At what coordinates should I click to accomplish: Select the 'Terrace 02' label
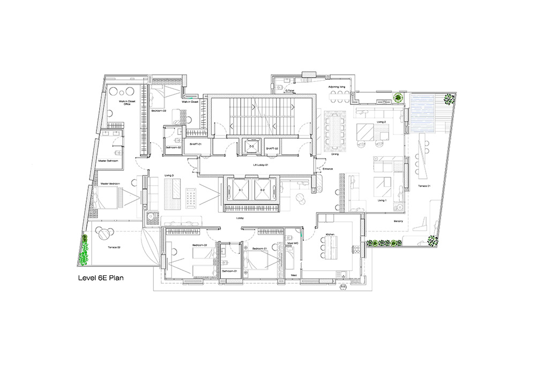(114, 248)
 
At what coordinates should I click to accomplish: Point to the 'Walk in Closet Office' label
(127, 102)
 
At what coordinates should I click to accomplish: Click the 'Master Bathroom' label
(108, 161)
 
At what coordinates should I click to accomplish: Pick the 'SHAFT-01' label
(195, 145)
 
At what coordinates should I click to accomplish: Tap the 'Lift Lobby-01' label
(260, 165)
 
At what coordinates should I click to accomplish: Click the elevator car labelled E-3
(250, 146)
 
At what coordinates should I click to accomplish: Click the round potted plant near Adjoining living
(398, 97)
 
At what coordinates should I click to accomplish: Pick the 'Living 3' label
(168, 176)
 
